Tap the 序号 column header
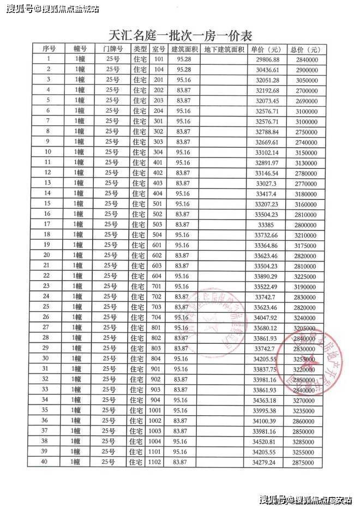[49, 49]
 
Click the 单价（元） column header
[267, 49]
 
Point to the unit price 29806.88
[267, 59]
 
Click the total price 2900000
[304, 70]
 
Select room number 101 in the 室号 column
[159, 59]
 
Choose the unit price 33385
[267, 224]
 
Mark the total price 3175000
[304, 245]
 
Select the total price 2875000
[304, 462]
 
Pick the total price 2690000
[304, 101]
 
